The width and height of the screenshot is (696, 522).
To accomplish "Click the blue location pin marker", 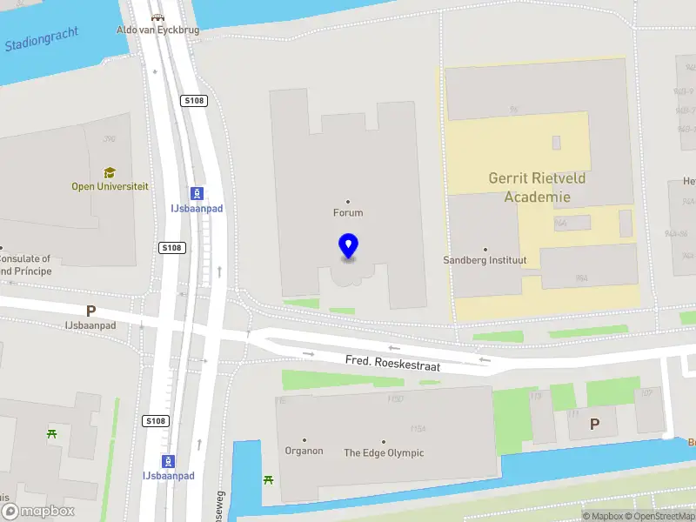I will tap(348, 246).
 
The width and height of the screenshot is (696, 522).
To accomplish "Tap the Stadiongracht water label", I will tap(41, 38).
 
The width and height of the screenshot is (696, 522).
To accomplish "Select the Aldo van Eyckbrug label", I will tap(158, 30).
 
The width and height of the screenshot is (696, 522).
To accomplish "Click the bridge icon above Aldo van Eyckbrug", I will tap(157, 17).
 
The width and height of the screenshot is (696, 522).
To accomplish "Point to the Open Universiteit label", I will tap(110, 186).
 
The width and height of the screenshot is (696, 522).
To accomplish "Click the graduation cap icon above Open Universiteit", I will tap(110, 173).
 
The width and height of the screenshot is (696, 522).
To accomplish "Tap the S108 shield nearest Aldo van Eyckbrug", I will tap(194, 101).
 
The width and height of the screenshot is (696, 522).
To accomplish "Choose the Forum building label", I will tap(348, 212).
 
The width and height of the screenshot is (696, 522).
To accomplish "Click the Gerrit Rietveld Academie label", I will tap(537, 187).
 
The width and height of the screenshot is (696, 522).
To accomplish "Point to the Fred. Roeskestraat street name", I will tap(392, 364).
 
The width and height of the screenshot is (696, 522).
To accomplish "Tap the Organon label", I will tap(304, 451).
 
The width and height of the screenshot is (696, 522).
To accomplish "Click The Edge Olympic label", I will tap(384, 452).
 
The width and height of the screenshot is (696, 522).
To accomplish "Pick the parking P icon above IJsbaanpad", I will tap(90, 311).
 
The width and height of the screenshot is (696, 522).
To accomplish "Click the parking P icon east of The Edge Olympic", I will tap(595, 424).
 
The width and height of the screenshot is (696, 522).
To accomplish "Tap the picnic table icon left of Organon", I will tap(268, 479).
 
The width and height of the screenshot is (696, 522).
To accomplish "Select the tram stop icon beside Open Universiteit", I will tap(198, 194).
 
